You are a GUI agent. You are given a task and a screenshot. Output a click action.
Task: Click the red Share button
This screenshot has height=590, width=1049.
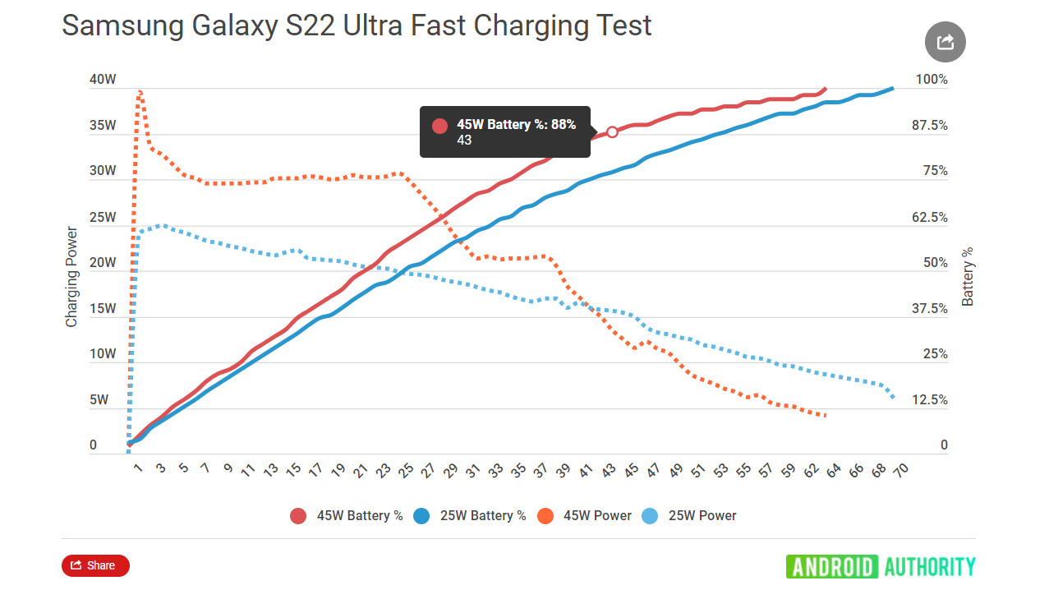95,565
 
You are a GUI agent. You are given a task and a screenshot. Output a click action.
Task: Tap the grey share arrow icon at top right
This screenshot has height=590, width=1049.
945,42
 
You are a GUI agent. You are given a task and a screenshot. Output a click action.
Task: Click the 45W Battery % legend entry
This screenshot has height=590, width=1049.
346,516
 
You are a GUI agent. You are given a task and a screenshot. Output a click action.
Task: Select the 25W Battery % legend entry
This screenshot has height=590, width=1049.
469,516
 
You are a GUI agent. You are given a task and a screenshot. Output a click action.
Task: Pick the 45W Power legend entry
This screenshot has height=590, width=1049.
583,516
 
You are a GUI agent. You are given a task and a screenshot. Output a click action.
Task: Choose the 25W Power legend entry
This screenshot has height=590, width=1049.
689,516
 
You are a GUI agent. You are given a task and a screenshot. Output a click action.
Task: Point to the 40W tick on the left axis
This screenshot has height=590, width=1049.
104,80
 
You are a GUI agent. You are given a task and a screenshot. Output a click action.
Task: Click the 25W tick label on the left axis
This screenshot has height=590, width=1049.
104,218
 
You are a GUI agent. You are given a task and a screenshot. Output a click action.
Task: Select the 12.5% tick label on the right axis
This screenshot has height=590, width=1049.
929,400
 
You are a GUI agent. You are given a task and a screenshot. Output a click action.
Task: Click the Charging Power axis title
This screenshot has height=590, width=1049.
71,277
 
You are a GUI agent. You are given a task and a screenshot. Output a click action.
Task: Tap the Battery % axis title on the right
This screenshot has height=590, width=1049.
968,277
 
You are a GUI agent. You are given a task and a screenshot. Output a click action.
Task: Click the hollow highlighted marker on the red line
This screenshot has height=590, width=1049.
612,131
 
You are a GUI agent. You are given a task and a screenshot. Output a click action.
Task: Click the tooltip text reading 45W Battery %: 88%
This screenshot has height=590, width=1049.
516,125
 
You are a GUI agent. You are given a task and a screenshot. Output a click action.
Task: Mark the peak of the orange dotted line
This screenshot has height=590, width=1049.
140,91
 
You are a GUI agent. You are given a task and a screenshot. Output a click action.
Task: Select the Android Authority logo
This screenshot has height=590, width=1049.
881,566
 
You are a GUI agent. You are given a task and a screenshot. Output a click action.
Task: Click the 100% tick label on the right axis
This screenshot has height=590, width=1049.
932,80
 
